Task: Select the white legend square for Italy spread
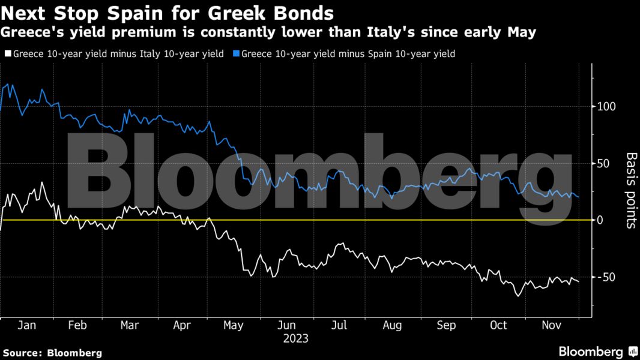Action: tap(7, 54)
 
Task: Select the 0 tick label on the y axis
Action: tap(599, 220)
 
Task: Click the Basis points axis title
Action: tap(631, 190)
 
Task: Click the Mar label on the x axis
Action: tap(130, 325)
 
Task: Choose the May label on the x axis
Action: tap(233, 325)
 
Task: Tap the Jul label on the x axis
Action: tap(339, 325)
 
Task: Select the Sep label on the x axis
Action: tap(446, 325)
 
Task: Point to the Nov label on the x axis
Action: tap(551, 325)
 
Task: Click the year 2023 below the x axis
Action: tap(295, 338)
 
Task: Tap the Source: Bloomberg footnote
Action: tap(52, 353)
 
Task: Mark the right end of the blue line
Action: tap(579, 196)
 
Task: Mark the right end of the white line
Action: tap(579, 281)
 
